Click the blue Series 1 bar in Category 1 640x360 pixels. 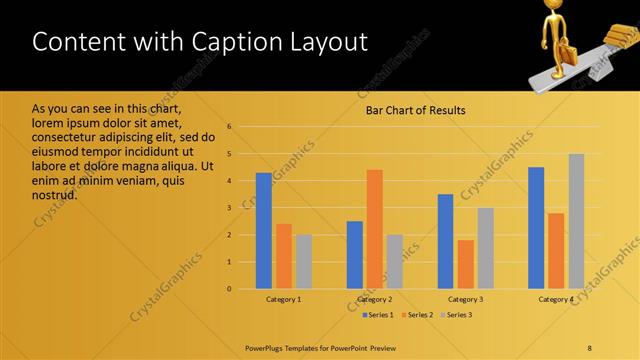263,231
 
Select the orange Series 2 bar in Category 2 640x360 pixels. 374,229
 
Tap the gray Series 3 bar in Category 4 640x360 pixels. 576,221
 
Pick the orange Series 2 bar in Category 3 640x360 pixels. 465,264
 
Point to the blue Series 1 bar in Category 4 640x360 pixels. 536,228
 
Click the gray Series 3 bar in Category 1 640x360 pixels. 303,262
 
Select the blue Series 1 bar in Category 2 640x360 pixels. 354,255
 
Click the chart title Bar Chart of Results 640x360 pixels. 415,110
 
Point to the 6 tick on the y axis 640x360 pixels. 230,127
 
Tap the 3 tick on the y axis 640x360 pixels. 230,208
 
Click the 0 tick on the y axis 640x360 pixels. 230,289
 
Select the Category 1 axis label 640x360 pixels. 283,299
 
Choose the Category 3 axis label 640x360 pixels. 465,299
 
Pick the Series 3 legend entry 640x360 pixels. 457,316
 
